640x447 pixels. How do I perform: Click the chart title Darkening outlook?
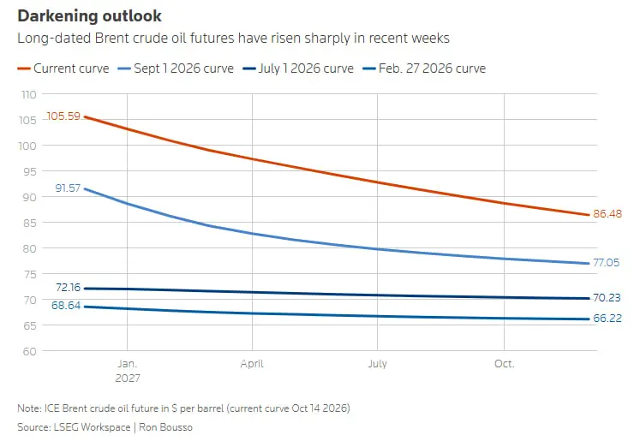89,16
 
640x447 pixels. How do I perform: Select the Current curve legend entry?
63,69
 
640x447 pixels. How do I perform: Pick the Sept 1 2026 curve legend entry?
176,69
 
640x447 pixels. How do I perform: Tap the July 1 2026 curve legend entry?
298,69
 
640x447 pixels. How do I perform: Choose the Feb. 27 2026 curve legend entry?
424,69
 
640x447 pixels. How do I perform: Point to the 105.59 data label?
63,116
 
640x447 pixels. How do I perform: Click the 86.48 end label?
607,214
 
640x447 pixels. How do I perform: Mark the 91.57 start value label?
68,188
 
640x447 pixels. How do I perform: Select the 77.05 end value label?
606,263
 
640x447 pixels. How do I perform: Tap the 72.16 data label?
69,288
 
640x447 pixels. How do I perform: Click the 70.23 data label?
607,298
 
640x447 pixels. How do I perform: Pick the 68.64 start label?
66,306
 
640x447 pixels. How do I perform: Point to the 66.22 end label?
607,318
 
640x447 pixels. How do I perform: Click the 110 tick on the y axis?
28,94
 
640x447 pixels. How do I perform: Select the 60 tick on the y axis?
29,352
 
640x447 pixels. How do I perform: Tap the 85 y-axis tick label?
29,223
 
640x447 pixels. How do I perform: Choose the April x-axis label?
252,364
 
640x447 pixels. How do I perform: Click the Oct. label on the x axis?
504,363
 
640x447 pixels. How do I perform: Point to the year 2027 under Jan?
128,378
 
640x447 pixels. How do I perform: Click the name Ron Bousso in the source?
165,427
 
